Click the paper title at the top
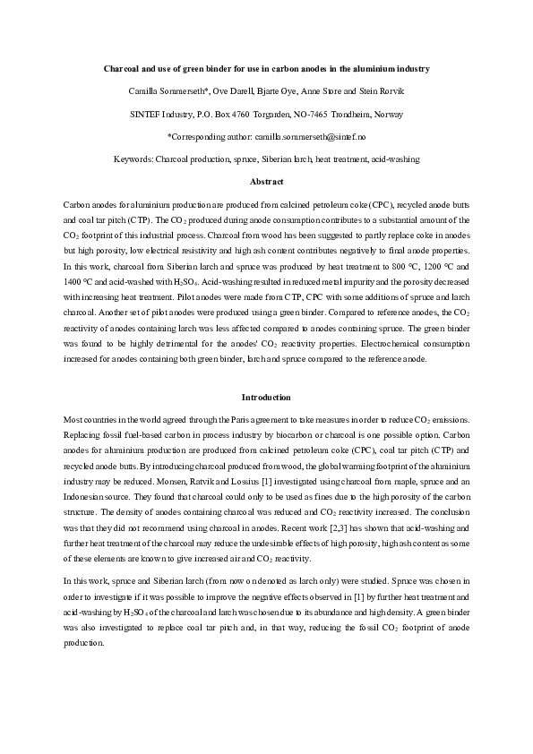(266, 69)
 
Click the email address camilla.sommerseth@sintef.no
(295, 137)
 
